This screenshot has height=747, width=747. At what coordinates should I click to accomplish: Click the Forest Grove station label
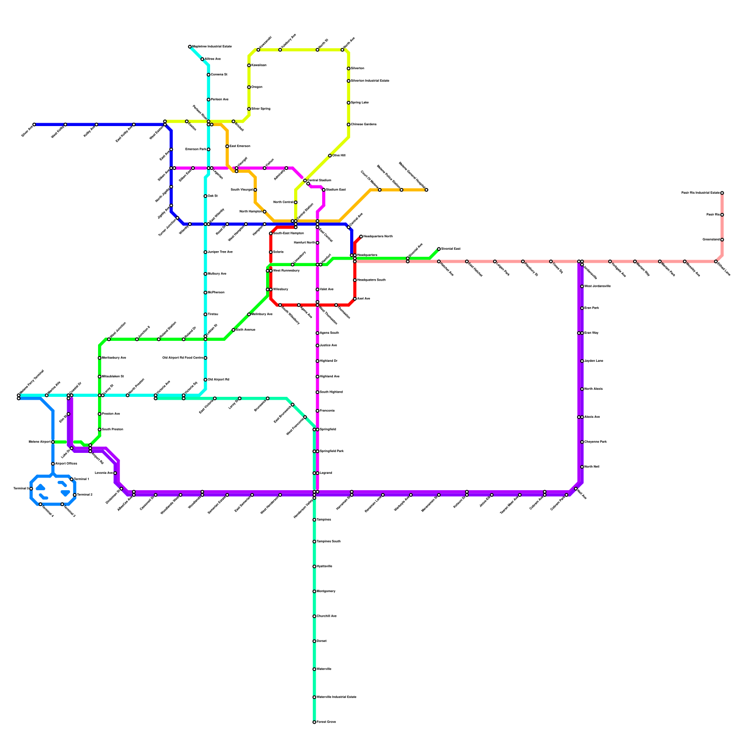[x=326, y=722]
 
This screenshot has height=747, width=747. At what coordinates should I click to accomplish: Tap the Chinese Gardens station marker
[x=348, y=125]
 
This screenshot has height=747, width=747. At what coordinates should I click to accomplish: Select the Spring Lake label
[x=360, y=103]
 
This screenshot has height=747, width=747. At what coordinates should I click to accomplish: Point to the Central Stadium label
[x=320, y=180]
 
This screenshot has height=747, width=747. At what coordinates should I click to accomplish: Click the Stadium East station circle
[x=324, y=190]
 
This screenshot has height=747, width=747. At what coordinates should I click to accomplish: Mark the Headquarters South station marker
[x=355, y=280]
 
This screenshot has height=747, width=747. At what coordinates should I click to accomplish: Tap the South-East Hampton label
[x=289, y=233]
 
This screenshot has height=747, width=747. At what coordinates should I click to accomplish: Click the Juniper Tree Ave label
[x=220, y=252]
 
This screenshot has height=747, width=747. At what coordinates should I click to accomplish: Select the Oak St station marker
[x=205, y=196]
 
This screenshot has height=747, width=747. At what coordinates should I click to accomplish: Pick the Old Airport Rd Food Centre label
[x=183, y=358]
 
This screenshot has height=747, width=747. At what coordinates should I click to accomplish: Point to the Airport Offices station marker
[x=53, y=464]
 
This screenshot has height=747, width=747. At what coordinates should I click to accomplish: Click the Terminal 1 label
[x=82, y=479]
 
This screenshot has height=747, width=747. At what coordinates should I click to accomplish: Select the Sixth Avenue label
[x=246, y=330]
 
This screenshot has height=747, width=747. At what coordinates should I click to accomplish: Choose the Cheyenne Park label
[x=596, y=442]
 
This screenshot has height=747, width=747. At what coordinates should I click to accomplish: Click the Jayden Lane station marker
[x=582, y=361]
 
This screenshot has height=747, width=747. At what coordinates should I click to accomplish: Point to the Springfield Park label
[x=331, y=451]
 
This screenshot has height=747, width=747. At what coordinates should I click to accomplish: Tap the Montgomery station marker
[x=314, y=592]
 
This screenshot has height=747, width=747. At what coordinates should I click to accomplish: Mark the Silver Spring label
[x=261, y=109]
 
